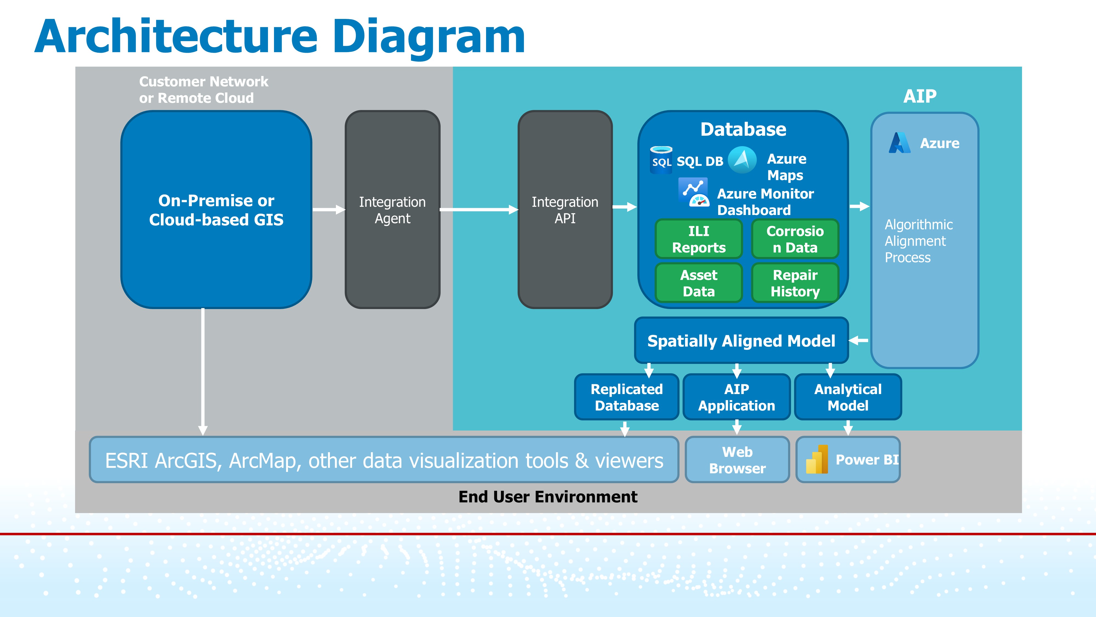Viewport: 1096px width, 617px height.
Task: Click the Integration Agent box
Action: pyautogui.click(x=392, y=210)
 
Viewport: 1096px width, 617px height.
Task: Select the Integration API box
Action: pyautogui.click(x=565, y=210)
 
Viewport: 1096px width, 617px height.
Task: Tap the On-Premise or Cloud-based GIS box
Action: pyautogui.click(x=216, y=210)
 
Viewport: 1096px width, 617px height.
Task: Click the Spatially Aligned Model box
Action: pyautogui.click(x=741, y=341)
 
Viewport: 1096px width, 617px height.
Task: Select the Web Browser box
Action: pyautogui.click(x=737, y=460)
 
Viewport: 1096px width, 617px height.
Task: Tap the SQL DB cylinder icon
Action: pyautogui.click(x=661, y=160)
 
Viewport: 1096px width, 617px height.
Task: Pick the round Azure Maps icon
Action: pyautogui.click(x=742, y=160)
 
